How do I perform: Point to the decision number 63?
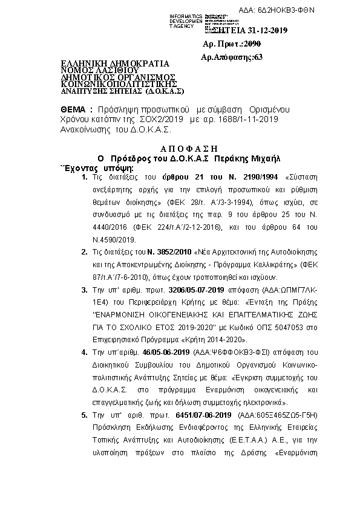pyautogui.click(x=258, y=57)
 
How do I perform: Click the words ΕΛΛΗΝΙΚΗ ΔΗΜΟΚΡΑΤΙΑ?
pyautogui.click(x=115, y=63)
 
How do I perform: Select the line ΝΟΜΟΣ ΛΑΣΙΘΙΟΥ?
pyautogui.click(x=99, y=70)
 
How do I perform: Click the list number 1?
pyautogui.click(x=84, y=178)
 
